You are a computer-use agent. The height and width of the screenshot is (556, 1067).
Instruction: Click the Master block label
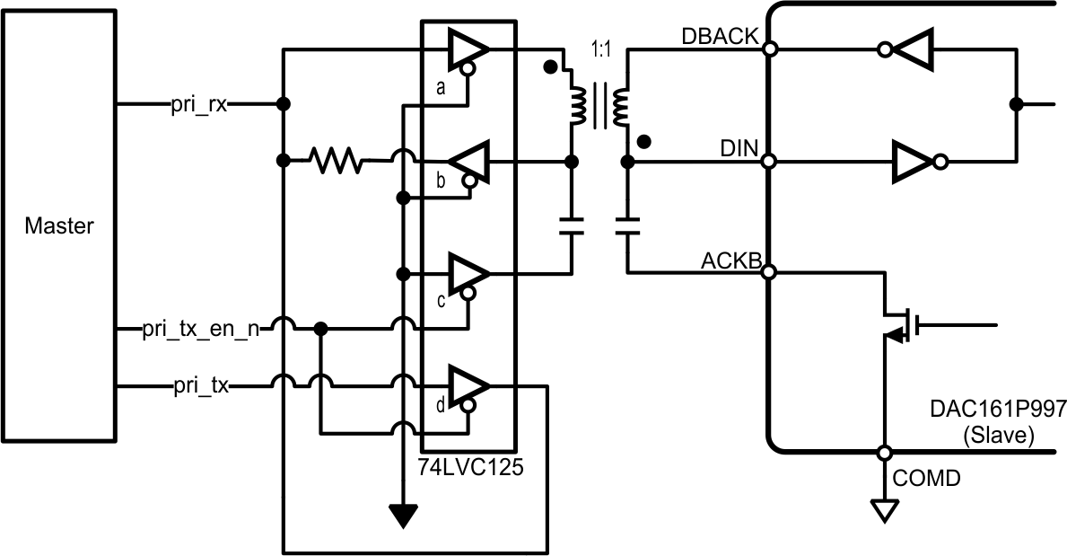(58, 225)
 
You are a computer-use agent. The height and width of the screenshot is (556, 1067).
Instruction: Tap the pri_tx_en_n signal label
(202, 329)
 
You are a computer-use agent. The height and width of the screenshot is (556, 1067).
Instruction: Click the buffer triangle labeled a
(466, 50)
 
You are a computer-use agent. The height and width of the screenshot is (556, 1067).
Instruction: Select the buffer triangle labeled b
(469, 162)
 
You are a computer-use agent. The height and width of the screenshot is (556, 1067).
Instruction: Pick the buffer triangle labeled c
(466, 273)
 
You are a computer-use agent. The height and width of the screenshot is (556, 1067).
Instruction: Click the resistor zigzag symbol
(337, 161)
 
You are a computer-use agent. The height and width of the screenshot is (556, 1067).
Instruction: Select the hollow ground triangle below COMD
(884, 511)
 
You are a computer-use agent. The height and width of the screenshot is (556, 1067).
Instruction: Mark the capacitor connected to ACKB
(627, 225)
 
